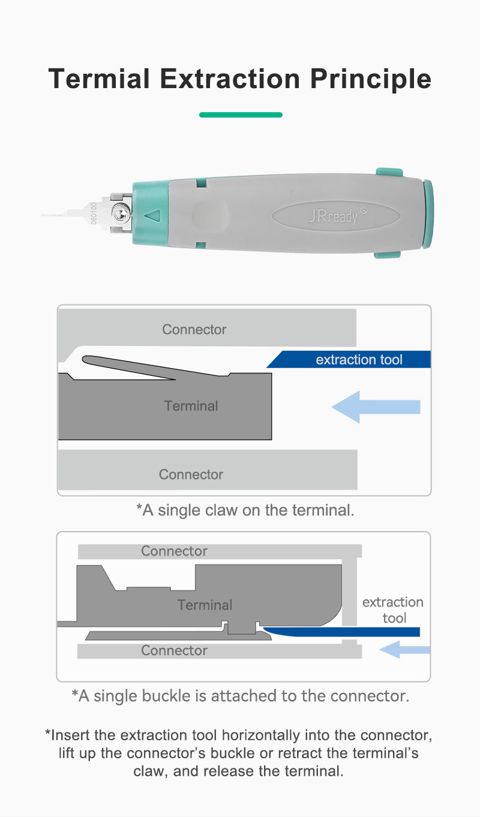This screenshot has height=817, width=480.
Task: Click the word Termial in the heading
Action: click(x=99, y=79)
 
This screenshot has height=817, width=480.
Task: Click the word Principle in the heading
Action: click(x=370, y=79)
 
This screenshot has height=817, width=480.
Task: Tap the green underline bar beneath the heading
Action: click(x=241, y=115)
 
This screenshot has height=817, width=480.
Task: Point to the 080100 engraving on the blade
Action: click(x=94, y=213)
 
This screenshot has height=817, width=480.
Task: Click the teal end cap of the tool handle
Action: click(x=428, y=214)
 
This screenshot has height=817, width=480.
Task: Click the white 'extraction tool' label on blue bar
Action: click(x=359, y=360)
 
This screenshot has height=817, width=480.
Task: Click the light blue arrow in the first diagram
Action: click(x=376, y=407)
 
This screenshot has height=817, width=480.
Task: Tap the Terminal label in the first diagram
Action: click(x=191, y=406)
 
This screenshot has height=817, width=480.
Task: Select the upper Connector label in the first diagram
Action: click(x=194, y=329)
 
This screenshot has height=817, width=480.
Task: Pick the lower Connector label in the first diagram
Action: click(x=191, y=475)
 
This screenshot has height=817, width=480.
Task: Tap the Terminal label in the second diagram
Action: click(x=205, y=605)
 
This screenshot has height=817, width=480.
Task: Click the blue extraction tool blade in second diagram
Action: click(x=341, y=632)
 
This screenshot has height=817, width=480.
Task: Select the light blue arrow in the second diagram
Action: click(x=404, y=650)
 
